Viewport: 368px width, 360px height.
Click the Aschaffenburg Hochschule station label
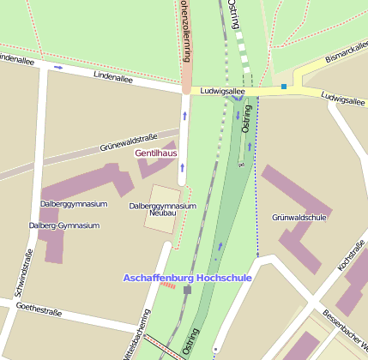[187, 279]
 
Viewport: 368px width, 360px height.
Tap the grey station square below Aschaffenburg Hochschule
[187, 290]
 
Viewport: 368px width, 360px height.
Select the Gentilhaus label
[156, 153]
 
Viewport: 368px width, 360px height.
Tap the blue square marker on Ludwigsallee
[284, 87]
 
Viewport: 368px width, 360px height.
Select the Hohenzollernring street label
[184, 30]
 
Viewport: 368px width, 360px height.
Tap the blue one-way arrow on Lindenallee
[58, 67]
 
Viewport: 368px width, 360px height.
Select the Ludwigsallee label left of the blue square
[222, 89]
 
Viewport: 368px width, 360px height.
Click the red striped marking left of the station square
[168, 285]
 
